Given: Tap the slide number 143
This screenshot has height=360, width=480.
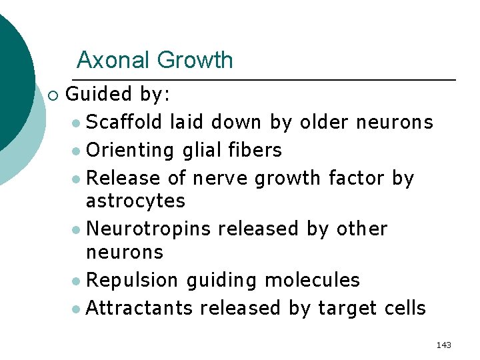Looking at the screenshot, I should click(443, 345).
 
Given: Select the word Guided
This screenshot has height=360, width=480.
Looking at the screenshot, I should click(100, 94).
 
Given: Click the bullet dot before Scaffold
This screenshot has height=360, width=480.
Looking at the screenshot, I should click(79, 123).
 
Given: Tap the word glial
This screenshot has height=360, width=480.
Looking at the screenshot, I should click(203, 151).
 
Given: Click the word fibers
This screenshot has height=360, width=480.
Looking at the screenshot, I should click(256, 150).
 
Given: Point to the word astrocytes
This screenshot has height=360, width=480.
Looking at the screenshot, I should click(136, 201).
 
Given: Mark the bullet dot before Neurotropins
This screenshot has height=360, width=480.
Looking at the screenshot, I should click(79, 230).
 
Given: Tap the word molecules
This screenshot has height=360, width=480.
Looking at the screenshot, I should click(312, 279).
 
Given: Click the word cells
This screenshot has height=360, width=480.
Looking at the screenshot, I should click(405, 308).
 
